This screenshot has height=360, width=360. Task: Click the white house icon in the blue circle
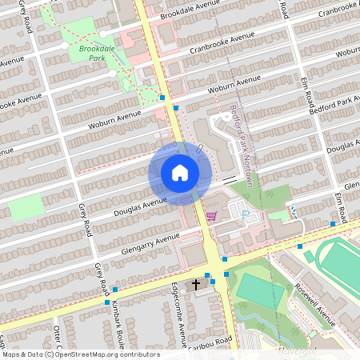(x=180, y=173)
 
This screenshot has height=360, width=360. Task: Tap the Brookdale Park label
(x=97, y=54)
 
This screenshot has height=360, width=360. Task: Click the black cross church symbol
(x=197, y=285)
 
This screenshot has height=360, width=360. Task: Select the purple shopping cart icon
(x=211, y=215)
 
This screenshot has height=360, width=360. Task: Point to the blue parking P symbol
(x=245, y=215)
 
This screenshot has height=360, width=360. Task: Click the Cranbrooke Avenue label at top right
(x=336, y=10)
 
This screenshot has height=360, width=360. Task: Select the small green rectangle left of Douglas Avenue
(x=26, y=208)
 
